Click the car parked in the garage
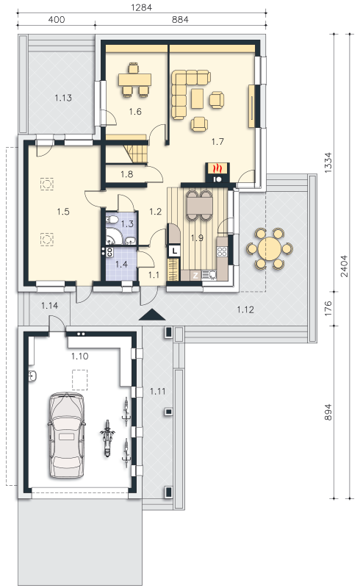click(66, 435)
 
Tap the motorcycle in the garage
click(107, 438)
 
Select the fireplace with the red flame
click(217, 173)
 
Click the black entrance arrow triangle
click(152, 315)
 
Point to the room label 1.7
click(217, 141)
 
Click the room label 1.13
click(63, 98)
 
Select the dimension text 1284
click(141, 7)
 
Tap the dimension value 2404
click(344, 266)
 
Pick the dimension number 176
click(328, 308)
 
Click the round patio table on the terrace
click(270, 248)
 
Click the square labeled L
click(175, 250)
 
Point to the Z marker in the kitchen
click(195, 276)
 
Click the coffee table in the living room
click(197, 98)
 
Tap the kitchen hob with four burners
click(222, 251)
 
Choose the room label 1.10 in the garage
click(80, 356)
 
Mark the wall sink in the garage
click(32, 376)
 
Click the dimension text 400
click(57, 19)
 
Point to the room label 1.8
click(127, 174)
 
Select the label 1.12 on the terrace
click(245, 309)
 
